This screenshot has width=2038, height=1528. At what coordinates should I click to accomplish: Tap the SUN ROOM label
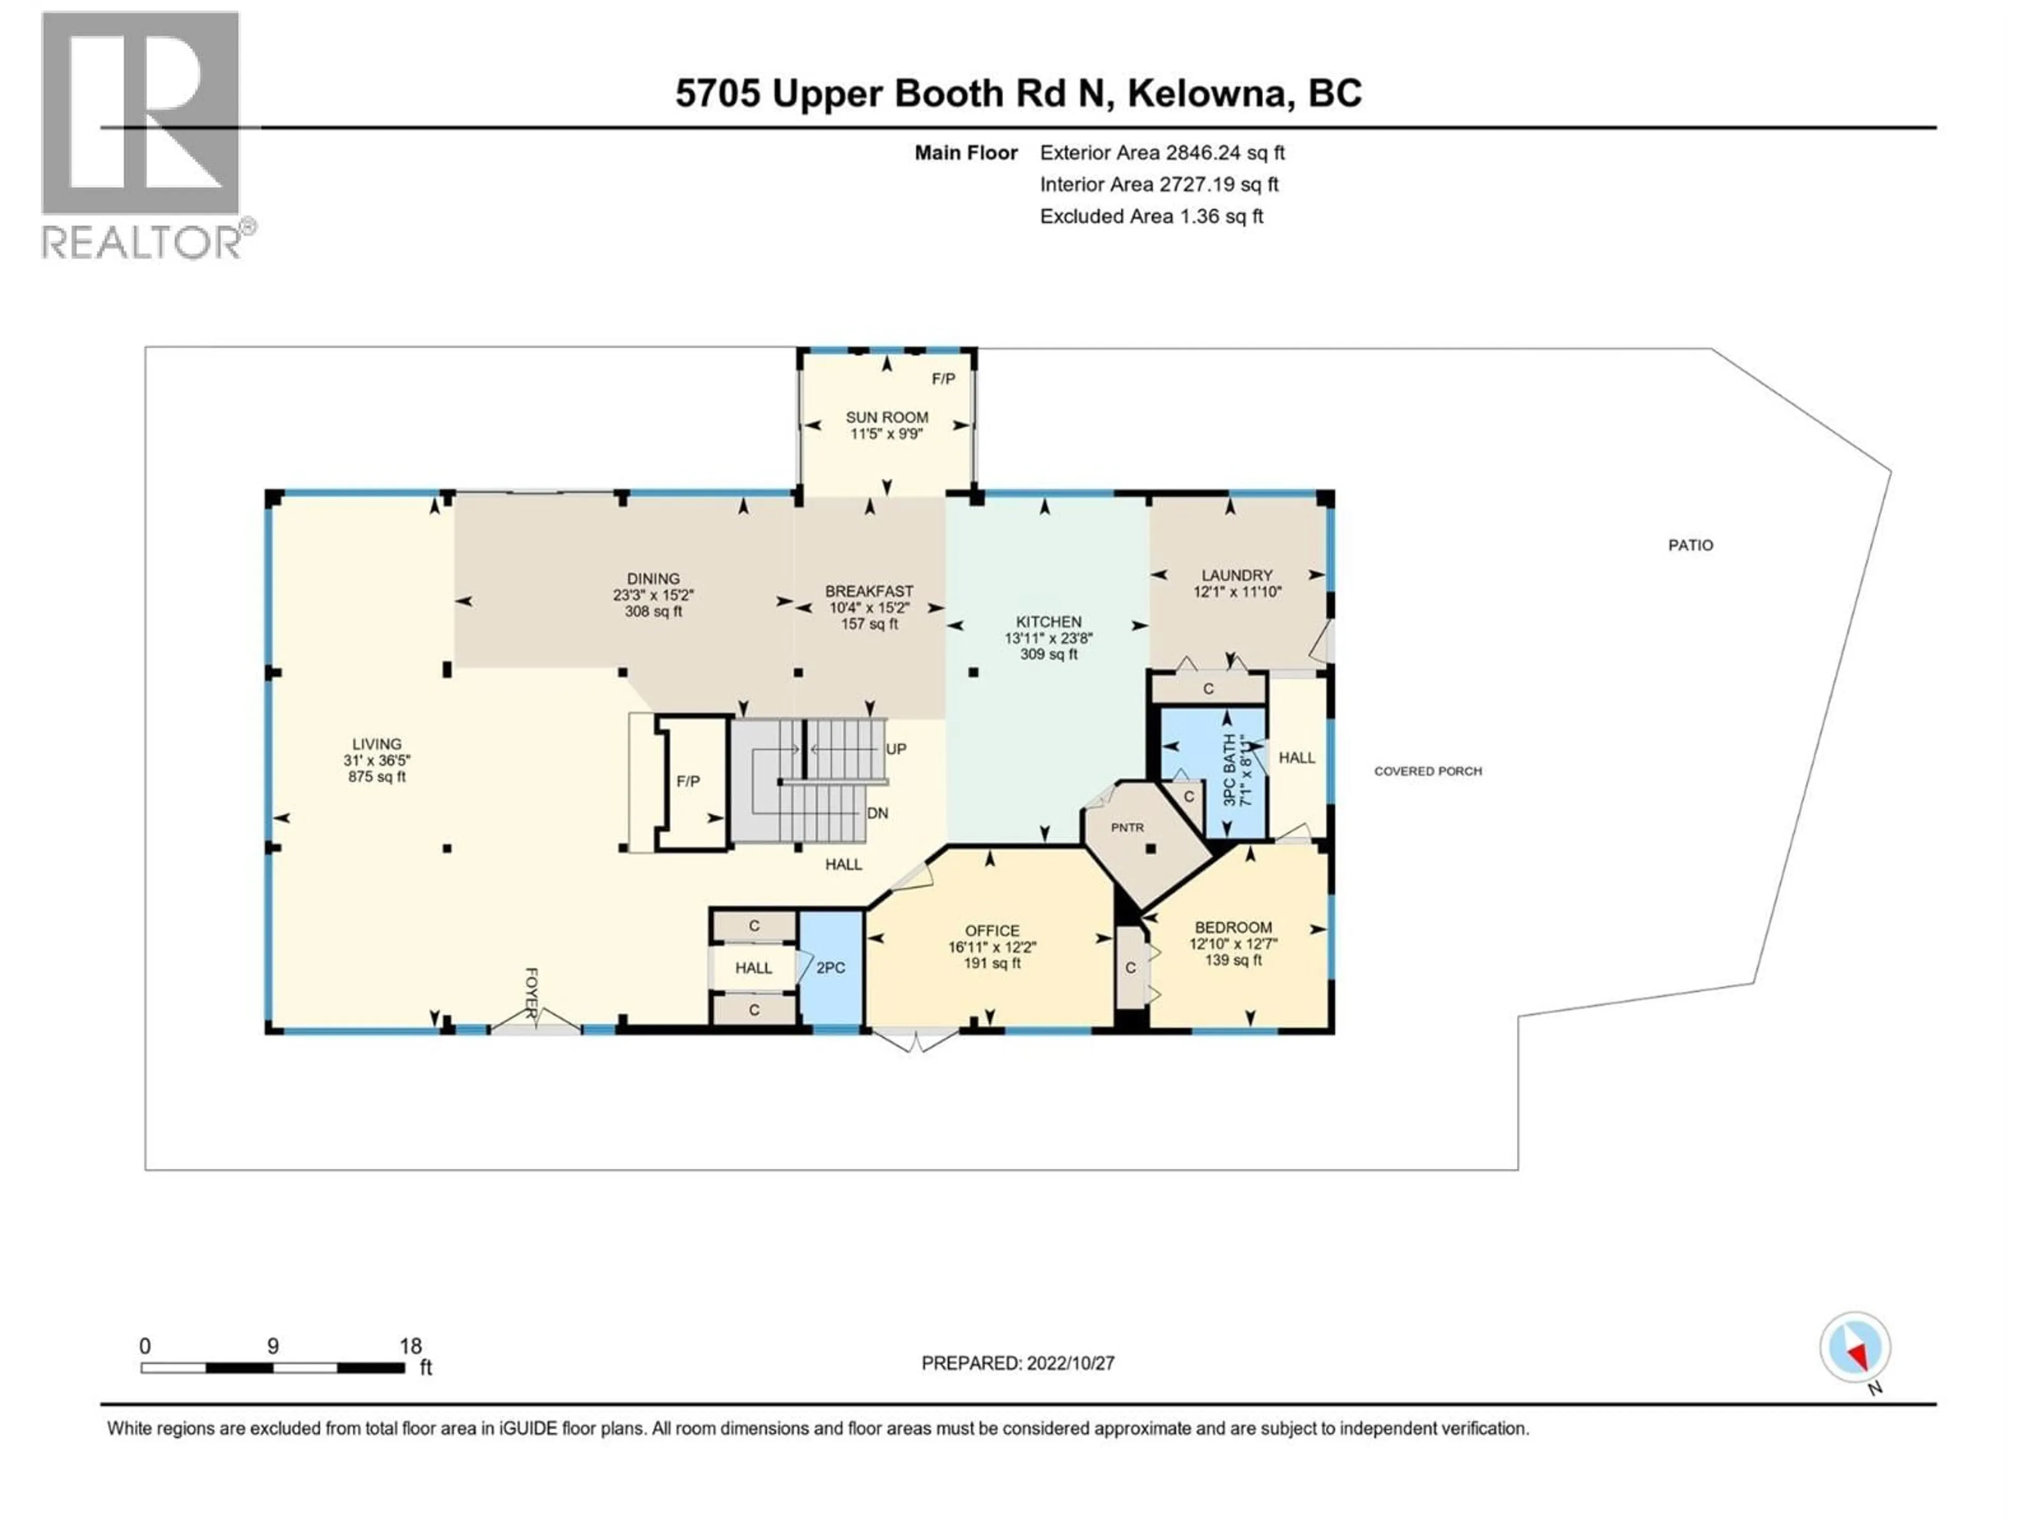pos(886,417)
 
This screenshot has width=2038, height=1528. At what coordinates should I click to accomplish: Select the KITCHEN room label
pos(1049,622)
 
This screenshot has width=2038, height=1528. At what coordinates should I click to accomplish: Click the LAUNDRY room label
pos(1237,575)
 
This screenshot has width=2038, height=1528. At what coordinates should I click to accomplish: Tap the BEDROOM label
pos(1233,927)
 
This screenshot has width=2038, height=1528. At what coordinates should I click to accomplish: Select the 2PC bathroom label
pos(830,968)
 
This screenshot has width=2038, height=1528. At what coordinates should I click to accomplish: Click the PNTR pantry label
pos(1127,827)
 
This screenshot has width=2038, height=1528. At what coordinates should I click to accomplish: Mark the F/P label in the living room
pos(687,781)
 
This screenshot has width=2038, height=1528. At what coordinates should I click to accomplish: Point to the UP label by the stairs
pos(895,749)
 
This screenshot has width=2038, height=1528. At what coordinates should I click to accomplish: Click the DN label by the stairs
pos(877,813)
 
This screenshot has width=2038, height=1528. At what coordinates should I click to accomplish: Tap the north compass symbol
pos(1855,1348)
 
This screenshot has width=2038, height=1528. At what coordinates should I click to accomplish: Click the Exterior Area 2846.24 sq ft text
pos(1162,153)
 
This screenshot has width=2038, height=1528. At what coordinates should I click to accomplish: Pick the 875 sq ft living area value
pos(376,776)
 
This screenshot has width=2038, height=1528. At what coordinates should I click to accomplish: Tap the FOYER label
pos(531,993)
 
